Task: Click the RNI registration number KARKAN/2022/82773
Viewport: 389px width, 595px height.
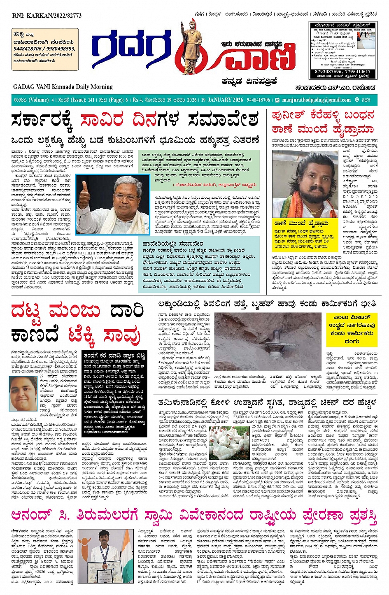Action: click(47, 16)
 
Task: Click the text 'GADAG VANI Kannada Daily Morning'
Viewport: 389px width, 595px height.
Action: click(63, 87)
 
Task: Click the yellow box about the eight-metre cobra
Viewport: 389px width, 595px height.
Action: click(352, 329)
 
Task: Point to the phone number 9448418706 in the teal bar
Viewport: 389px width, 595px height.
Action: click(258, 100)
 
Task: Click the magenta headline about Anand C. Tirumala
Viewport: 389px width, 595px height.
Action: click(194, 516)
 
